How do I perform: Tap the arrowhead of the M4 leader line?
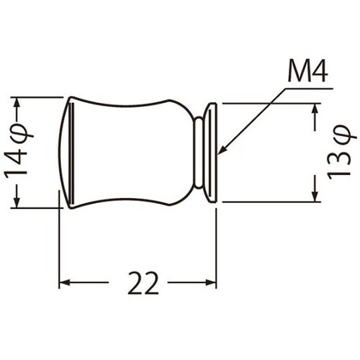[222, 150]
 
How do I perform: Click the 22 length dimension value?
[143, 283]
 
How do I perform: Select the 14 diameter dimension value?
[16, 164]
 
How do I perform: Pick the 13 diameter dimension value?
[338, 163]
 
